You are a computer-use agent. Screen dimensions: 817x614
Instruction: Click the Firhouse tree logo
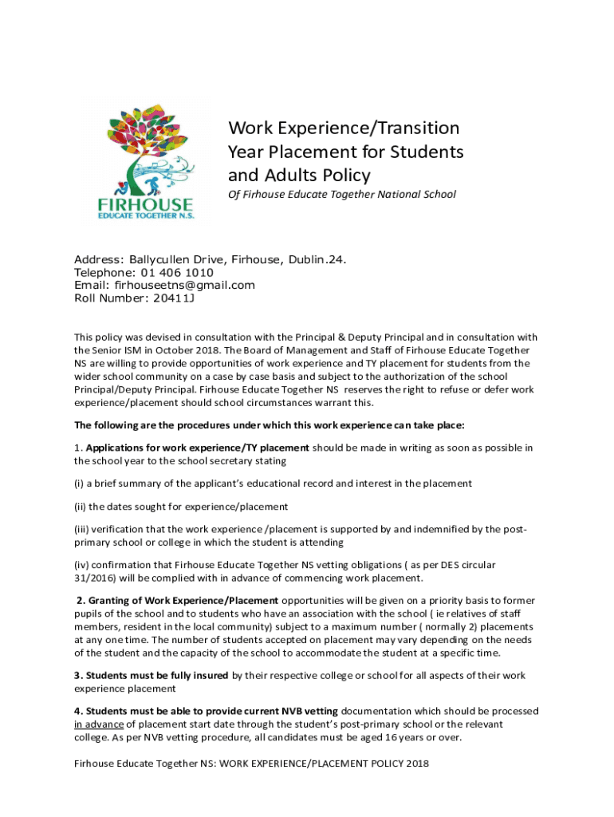click(149, 160)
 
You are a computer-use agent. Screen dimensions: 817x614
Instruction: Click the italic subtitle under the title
click(342, 194)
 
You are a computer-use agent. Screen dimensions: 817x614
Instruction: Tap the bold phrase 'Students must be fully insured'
click(157, 676)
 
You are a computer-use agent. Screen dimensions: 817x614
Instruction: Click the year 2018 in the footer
click(416, 764)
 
